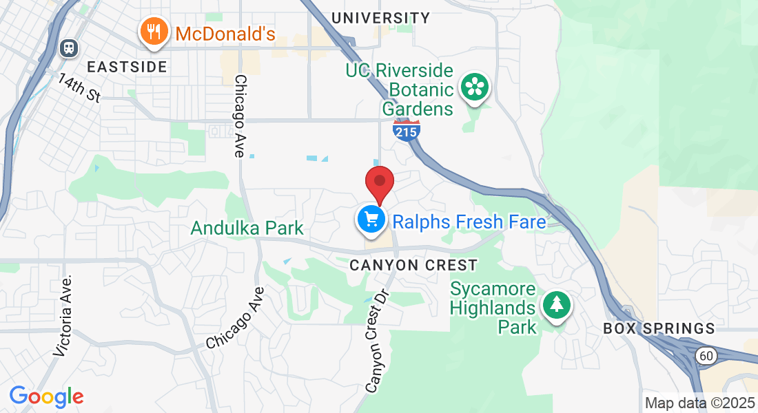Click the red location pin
[379, 182]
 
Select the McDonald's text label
[225, 33]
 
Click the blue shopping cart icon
[371, 220]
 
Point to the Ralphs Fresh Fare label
[469, 222]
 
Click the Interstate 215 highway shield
[407, 130]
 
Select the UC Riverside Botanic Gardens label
[400, 89]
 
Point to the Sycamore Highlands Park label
[493, 307]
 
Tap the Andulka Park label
[247, 228]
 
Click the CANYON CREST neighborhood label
[413, 265]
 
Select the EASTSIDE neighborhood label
[127, 67]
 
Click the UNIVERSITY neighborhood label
[380, 18]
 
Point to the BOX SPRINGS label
[659, 328]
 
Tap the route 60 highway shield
[704, 355]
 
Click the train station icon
[69, 47]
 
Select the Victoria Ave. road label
[63, 316]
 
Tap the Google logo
[46, 396]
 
